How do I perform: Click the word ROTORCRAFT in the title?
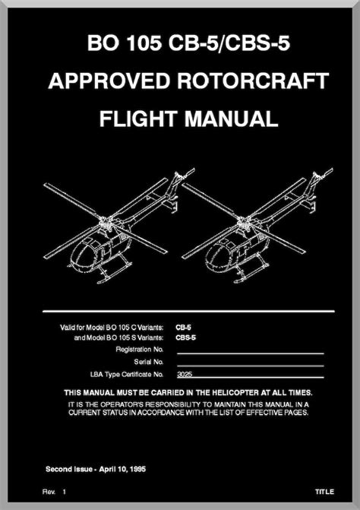point(253,81)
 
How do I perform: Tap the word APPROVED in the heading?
point(109,81)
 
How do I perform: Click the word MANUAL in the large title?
point(232,119)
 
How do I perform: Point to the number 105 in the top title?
point(144,43)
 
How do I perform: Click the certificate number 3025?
point(185,375)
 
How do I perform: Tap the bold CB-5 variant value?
point(183,328)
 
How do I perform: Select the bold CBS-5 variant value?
point(186,337)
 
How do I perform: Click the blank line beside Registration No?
point(251,353)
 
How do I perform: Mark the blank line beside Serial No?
point(251,366)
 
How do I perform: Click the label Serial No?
point(149,362)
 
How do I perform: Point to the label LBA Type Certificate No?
point(127,375)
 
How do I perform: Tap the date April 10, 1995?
point(122,470)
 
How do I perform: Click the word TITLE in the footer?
point(324,492)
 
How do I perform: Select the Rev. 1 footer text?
point(54,492)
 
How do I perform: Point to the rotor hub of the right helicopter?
point(243,222)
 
